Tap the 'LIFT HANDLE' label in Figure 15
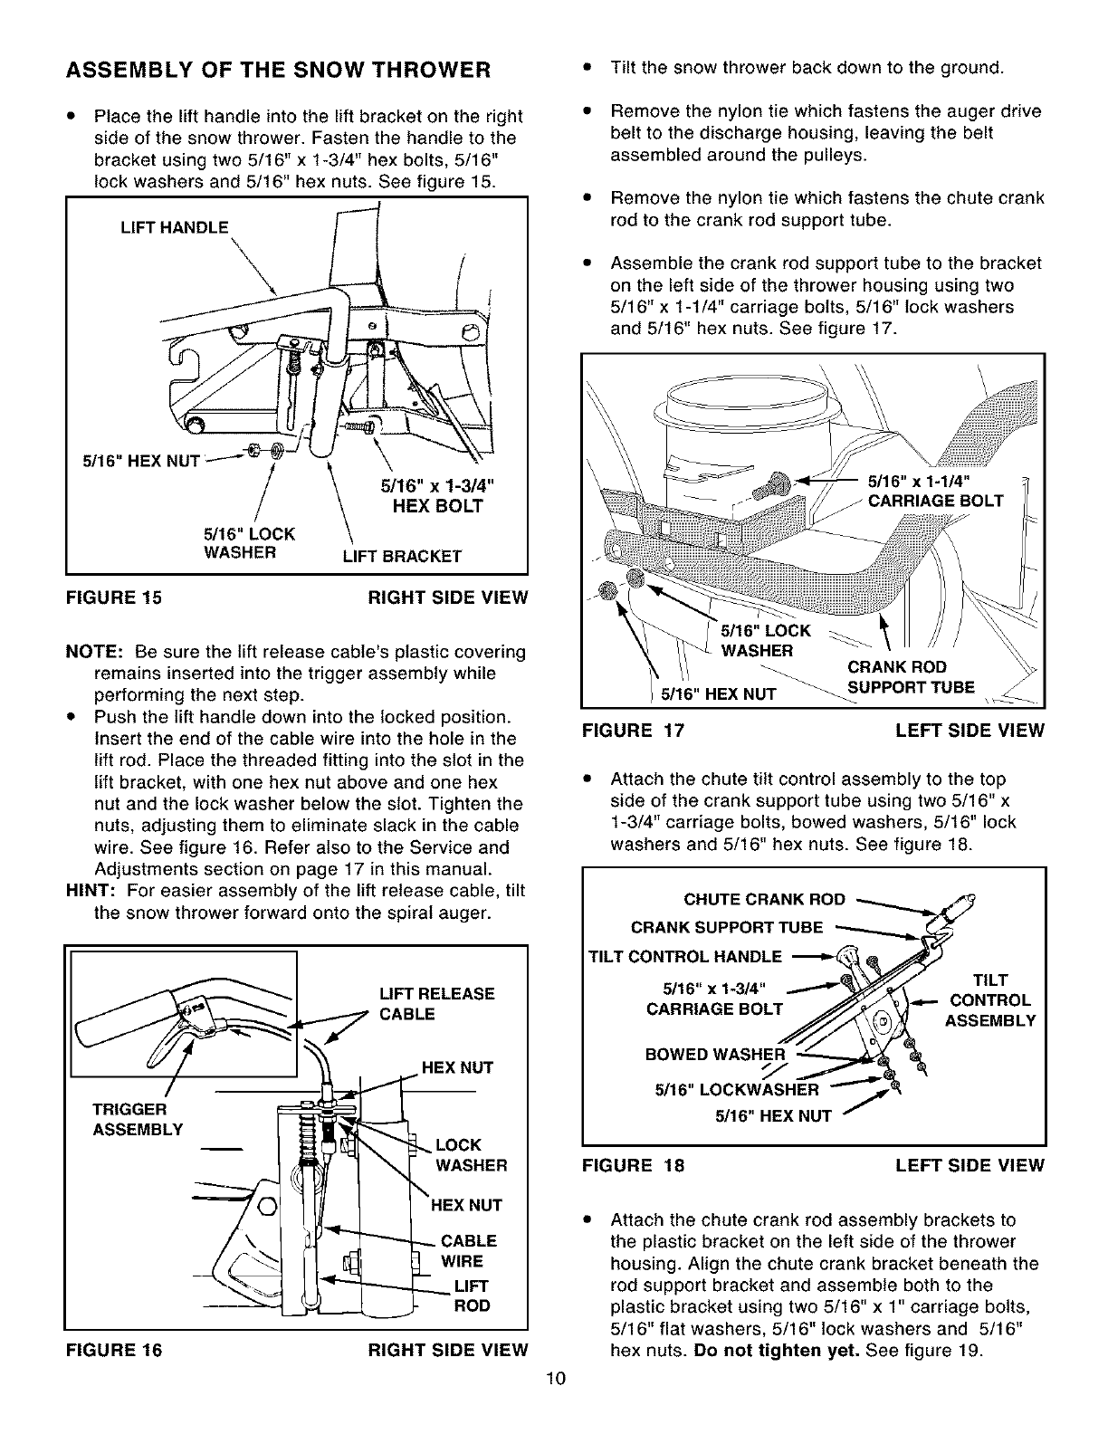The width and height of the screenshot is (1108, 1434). (176, 227)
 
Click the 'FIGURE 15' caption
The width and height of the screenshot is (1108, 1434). (113, 597)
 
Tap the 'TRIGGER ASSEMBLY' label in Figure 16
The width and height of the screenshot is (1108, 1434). (138, 1119)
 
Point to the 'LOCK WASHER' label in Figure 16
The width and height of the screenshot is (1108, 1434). (471, 1155)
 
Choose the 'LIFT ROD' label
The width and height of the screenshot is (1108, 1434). (471, 1295)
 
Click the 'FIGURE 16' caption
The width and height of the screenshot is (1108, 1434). (113, 1350)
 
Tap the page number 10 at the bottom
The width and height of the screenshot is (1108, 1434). (555, 1405)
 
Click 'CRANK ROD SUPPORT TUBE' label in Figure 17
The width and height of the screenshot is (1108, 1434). (910, 677)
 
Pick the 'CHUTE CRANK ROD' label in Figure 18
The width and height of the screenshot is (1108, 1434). (764, 899)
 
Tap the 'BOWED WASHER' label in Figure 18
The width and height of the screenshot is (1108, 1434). (714, 1054)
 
